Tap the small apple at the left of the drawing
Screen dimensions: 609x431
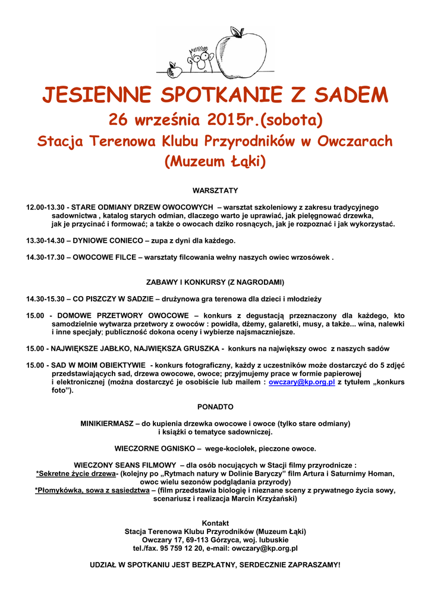175,71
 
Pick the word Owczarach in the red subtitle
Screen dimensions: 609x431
354,142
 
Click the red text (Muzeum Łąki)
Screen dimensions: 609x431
215,162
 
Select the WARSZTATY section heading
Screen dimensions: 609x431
215,190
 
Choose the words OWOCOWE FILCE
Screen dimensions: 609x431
105,258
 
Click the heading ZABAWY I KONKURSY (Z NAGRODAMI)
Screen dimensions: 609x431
215,281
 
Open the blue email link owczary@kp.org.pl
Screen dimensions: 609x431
302,383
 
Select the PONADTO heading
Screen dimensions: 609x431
215,407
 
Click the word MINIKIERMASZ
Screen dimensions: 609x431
107,423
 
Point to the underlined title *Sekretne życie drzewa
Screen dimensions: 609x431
75,473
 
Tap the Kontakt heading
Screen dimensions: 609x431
215,523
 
